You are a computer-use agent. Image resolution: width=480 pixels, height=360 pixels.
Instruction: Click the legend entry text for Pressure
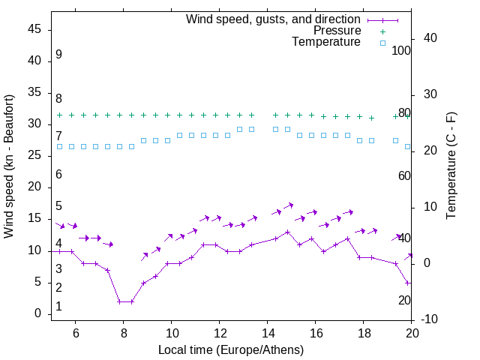(x=337, y=31)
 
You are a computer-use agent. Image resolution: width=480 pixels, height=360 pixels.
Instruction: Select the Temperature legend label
(x=326, y=42)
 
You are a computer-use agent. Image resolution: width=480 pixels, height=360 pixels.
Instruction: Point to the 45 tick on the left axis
(x=34, y=29)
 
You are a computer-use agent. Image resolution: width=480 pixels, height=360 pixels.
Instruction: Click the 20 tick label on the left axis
(x=34, y=187)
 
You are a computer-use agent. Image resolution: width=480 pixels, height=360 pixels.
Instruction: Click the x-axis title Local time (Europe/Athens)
(x=231, y=349)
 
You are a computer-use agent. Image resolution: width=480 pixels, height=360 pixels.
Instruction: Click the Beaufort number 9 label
(x=58, y=55)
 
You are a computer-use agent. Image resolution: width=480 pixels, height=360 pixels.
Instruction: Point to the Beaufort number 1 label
(x=58, y=307)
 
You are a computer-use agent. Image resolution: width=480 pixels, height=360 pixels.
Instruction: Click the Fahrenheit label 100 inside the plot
(x=402, y=51)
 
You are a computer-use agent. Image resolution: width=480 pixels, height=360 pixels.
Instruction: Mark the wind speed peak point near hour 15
(x=287, y=232)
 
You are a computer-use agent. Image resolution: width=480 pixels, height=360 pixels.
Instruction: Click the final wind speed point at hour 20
(x=407, y=283)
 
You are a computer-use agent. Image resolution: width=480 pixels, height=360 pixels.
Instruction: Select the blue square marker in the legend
(x=382, y=43)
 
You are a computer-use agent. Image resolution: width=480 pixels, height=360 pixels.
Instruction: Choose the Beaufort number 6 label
(x=58, y=175)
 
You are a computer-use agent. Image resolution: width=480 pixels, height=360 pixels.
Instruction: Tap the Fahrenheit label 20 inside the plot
(x=404, y=300)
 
